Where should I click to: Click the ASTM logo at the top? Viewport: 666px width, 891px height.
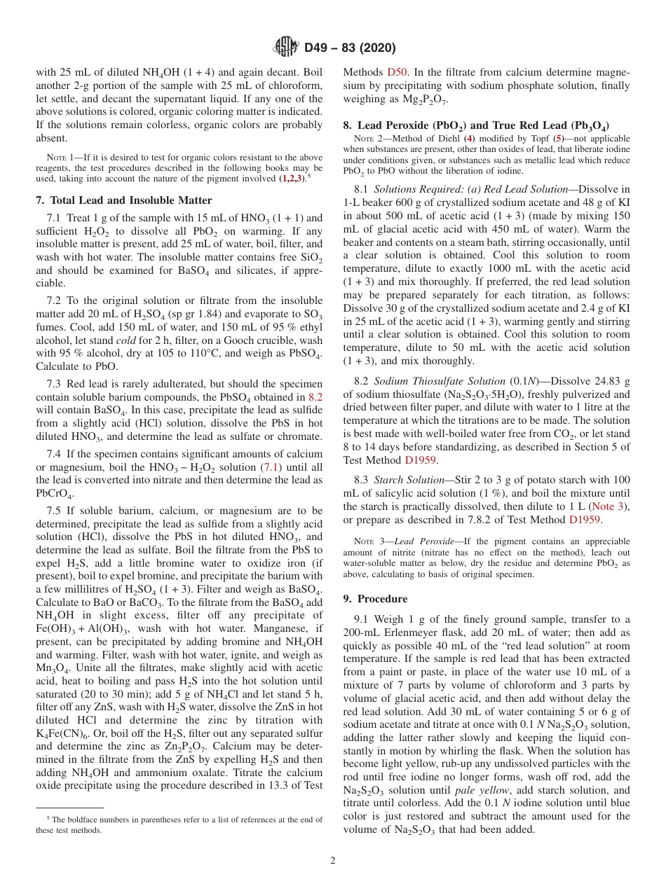(286, 48)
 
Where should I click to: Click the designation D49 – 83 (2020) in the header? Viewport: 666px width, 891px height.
(350, 48)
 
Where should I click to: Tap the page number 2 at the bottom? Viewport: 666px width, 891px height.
(333, 860)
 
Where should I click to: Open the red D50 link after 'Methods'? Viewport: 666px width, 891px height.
(395, 72)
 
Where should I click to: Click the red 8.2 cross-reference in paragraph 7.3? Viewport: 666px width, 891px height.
(316, 397)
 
